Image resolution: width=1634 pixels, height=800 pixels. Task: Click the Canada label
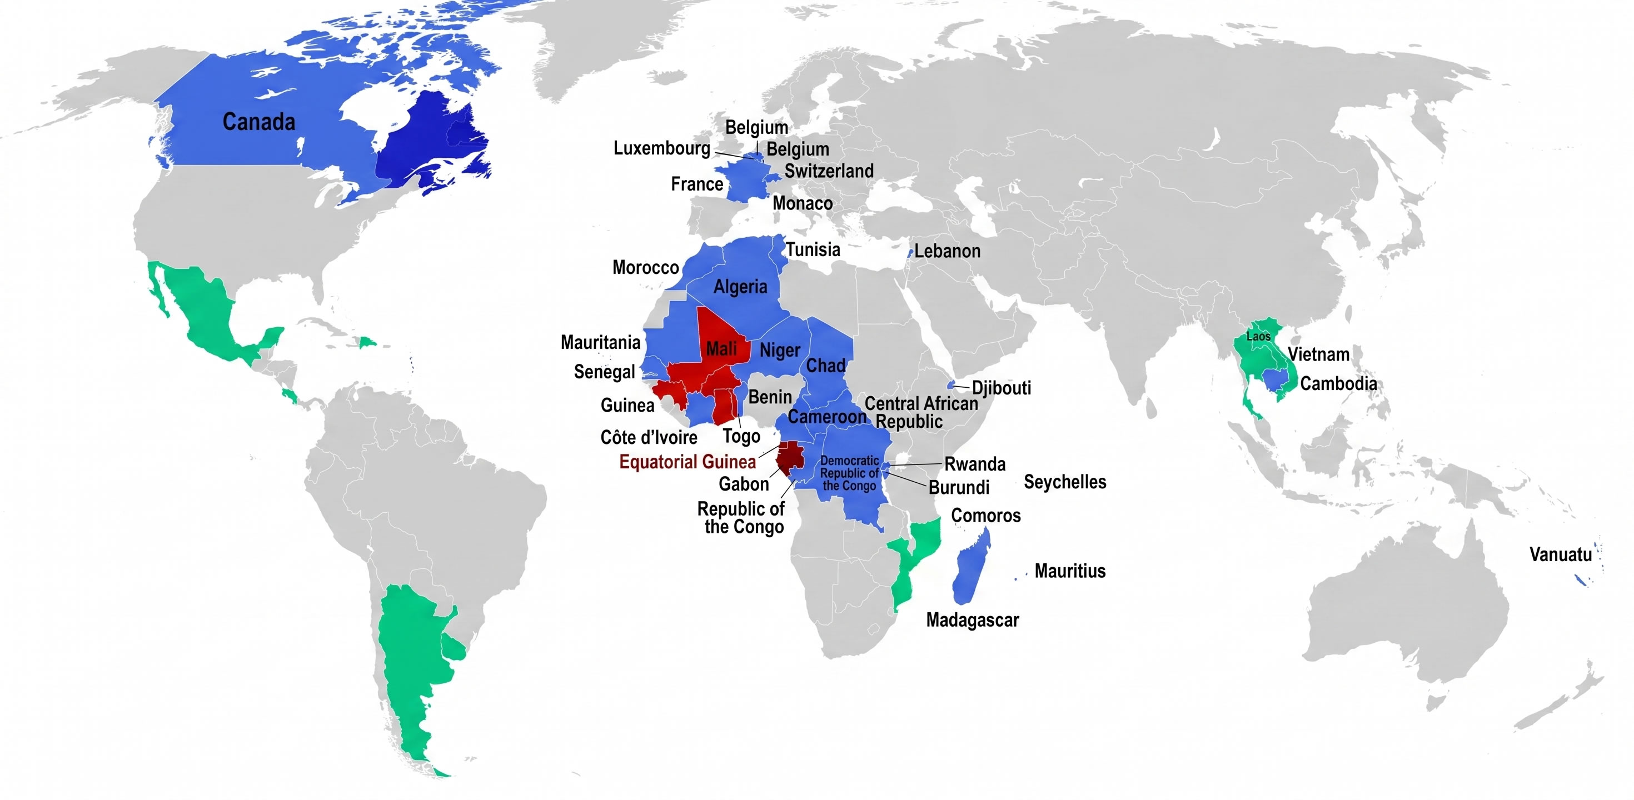point(259,122)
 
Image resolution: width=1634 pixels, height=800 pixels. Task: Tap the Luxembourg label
point(661,148)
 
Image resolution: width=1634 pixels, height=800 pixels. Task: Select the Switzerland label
point(829,171)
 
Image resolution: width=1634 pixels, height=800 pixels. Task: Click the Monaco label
point(803,203)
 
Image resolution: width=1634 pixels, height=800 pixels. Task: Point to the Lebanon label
point(947,251)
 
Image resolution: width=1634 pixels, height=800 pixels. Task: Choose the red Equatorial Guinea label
point(688,462)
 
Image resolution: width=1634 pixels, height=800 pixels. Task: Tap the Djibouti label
point(1001,387)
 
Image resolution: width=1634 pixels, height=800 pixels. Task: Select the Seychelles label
point(1064,482)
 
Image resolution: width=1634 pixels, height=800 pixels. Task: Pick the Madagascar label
point(973,619)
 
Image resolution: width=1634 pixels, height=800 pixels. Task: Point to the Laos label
point(1258,337)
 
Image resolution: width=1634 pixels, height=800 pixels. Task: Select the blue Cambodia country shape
point(1274,379)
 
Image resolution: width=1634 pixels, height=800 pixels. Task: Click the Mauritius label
point(1069,571)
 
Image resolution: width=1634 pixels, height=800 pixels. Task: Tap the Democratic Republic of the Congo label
point(849,473)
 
